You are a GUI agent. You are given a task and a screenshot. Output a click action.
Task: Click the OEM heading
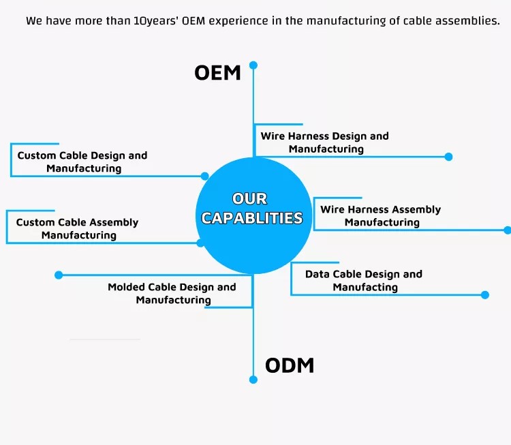point(217,73)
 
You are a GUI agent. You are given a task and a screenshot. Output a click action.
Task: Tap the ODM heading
point(290,365)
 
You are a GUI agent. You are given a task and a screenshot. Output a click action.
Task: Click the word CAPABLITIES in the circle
point(252,218)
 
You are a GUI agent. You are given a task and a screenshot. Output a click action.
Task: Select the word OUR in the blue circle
point(249,198)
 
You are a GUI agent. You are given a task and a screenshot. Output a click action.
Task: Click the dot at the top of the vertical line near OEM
point(253,65)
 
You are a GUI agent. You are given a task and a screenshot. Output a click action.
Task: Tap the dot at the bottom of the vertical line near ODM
point(253,380)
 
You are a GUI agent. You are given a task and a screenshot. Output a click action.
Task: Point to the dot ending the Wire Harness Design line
point(448,157)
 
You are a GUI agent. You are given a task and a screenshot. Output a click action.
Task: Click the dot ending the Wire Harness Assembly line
point(507,230)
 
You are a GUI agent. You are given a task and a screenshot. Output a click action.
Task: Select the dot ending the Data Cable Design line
point(485,295)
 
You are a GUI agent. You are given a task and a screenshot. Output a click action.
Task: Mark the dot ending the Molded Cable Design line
point(59,275)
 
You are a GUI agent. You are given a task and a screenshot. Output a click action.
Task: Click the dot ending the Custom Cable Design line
point(204,176)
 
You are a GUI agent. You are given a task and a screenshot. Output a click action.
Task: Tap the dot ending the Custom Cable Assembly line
point(200,243)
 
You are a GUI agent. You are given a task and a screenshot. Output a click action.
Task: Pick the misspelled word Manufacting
point(365,287)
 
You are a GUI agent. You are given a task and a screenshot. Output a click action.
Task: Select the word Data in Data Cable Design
point(318,274)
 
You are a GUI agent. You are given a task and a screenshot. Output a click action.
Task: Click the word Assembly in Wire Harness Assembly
point(418,209)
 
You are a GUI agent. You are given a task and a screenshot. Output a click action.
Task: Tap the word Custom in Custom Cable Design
point(37,155)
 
